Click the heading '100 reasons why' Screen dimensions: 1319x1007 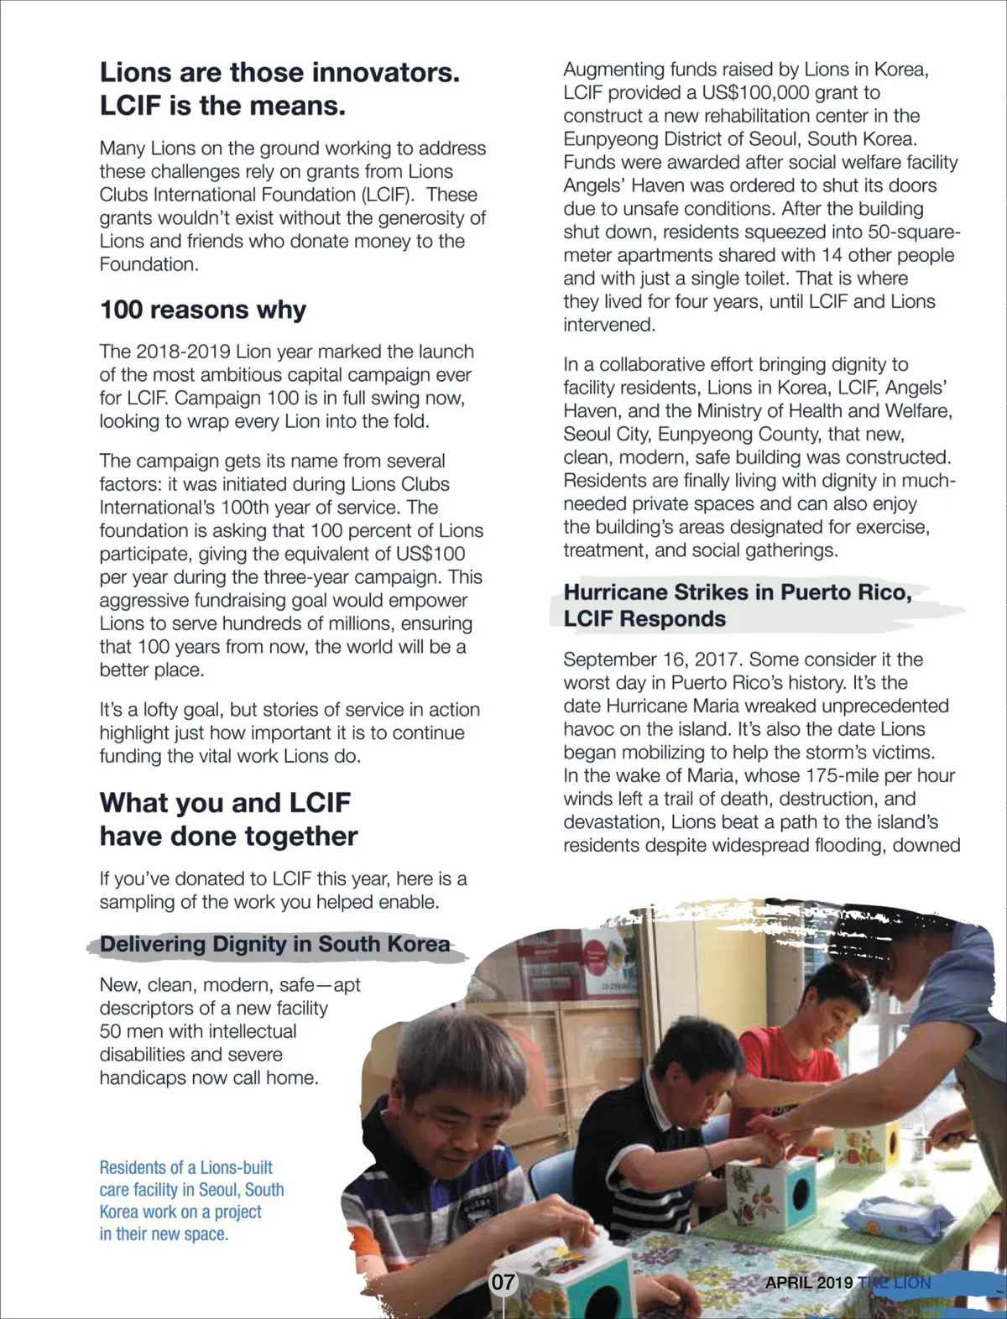[x=203, y=310]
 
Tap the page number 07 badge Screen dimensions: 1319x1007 [x=503, y=1282]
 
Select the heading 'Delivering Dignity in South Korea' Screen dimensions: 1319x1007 [x=274, y=944]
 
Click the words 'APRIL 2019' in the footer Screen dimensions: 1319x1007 [x=808, y=1283]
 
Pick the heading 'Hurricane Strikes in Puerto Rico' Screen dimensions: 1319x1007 [x=737, y=592]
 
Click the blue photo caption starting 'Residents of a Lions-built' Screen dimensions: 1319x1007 [x=191, y=1200]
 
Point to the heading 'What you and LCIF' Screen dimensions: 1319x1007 [x=225, y=802]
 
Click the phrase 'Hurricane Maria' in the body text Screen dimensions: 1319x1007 [x=672, y=706]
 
